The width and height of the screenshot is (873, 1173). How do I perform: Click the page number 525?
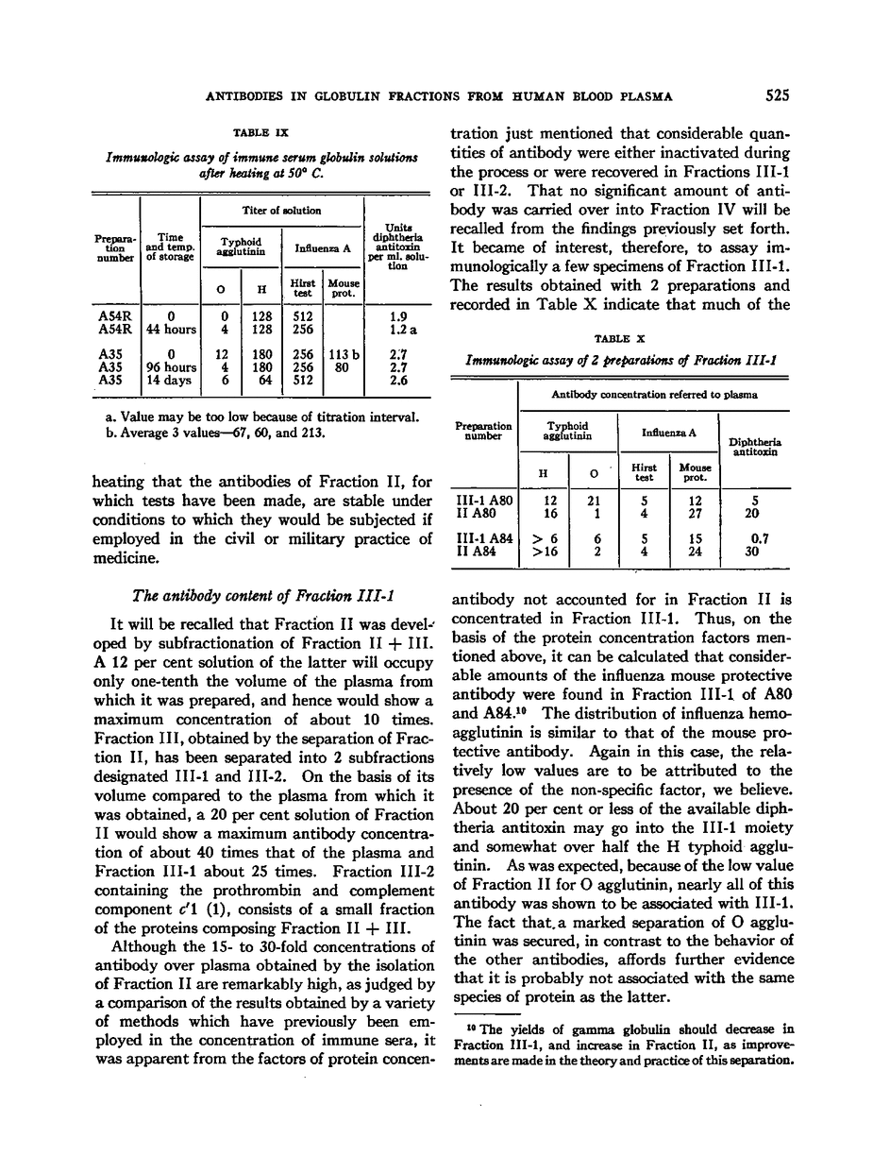pos(778,95)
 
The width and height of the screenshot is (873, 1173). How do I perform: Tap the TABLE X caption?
pos(619,338)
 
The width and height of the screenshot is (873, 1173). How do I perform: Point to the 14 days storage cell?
pos(170,381)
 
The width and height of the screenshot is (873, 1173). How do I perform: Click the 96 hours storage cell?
pos(170,368)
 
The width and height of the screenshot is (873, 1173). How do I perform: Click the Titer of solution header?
pos(282,210)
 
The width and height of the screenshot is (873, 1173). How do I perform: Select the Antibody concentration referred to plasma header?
pos(653,395)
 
